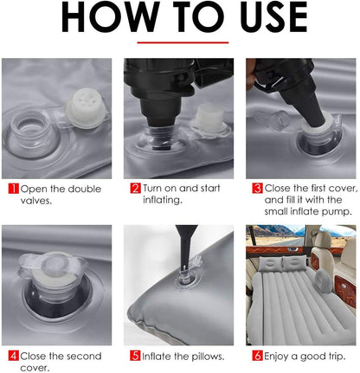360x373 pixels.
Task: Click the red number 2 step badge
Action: [136, 188]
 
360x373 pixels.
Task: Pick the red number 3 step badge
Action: [257, 188]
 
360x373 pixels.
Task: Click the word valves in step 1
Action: [34, 200]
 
